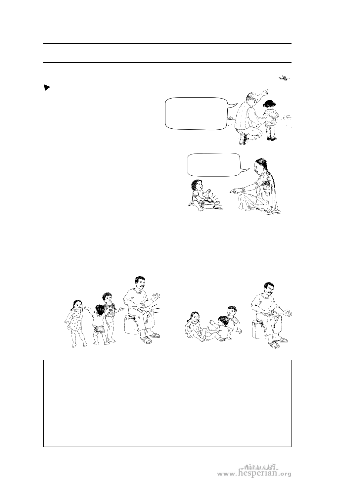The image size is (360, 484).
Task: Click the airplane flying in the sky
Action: click(285, 78)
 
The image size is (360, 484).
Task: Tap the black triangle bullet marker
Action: click(47, 88)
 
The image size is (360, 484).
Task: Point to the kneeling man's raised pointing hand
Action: click(265, 92)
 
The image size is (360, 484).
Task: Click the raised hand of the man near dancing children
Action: click(156, 297)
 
